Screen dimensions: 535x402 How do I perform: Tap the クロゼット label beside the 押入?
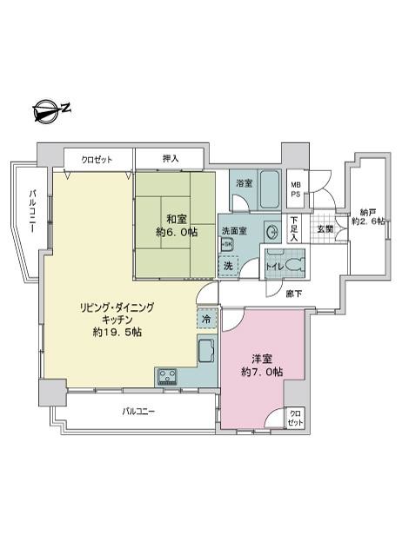pyautogui.click(x=97, y=160)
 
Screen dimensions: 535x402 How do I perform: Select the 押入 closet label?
pyautogui.click(x=171, y=160)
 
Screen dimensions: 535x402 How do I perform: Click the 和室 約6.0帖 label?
pyautogui.click(x=174, y=226)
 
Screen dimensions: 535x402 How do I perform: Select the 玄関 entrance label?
pyautogui.click(x=324, y=228)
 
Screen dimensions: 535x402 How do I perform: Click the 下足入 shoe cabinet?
pyautogui.click(x=295, y=228)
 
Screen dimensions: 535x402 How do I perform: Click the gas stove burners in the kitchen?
pyautogui.click(x=167, y=376)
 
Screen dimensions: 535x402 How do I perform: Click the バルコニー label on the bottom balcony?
pyautogui.click(x=138, y=411)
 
